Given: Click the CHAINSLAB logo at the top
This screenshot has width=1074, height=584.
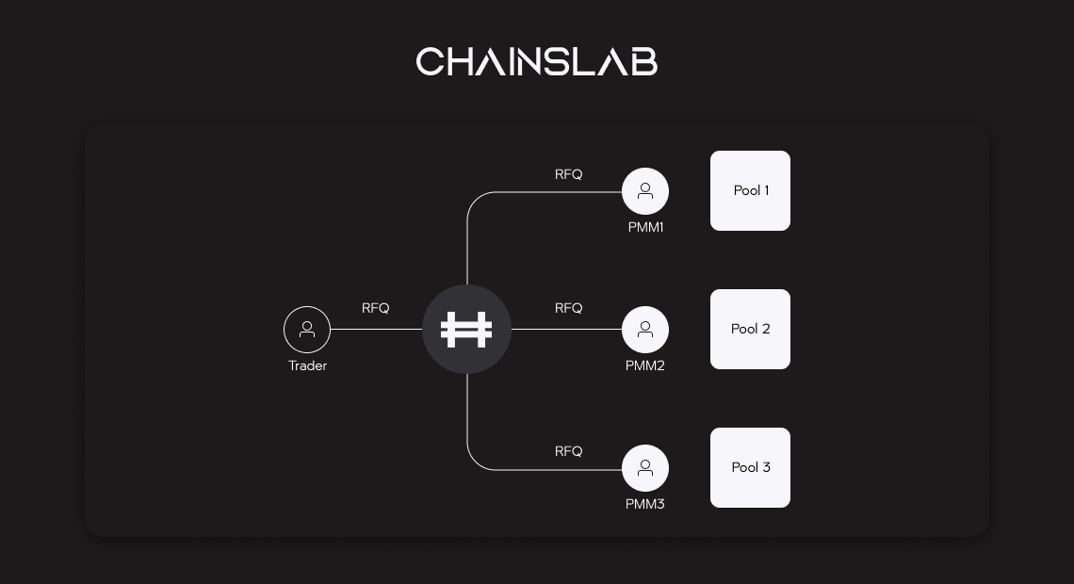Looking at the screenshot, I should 536,62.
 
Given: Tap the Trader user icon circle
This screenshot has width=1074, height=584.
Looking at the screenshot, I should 307,330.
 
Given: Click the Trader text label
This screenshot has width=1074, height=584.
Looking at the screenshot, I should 307,365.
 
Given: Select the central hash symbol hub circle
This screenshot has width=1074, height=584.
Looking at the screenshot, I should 466,330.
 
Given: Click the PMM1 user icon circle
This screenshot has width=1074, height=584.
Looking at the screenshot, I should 645,191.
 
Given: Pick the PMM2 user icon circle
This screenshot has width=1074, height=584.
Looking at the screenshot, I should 645,330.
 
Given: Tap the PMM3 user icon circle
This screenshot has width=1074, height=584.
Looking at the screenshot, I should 645,468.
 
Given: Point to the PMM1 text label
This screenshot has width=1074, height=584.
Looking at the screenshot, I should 645,227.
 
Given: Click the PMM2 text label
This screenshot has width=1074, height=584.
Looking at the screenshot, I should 645,365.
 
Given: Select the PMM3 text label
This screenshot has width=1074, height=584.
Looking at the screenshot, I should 645,504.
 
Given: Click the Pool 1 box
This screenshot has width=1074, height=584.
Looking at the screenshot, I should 750,190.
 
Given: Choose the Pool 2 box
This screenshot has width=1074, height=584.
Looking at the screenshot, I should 750,329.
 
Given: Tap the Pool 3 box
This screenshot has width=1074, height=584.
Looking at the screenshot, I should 750,467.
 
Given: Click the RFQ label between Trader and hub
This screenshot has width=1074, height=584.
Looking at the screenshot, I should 375,308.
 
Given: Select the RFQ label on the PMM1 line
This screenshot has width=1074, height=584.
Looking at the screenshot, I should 568,174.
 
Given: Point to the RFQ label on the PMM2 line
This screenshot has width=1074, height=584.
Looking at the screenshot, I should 568,308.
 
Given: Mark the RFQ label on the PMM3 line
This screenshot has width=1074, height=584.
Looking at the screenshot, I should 568,451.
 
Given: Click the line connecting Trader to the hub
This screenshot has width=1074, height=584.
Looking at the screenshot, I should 377,330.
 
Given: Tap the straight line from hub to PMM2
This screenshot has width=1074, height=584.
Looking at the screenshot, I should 565,330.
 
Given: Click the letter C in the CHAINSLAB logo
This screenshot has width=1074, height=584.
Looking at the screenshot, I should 429,62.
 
